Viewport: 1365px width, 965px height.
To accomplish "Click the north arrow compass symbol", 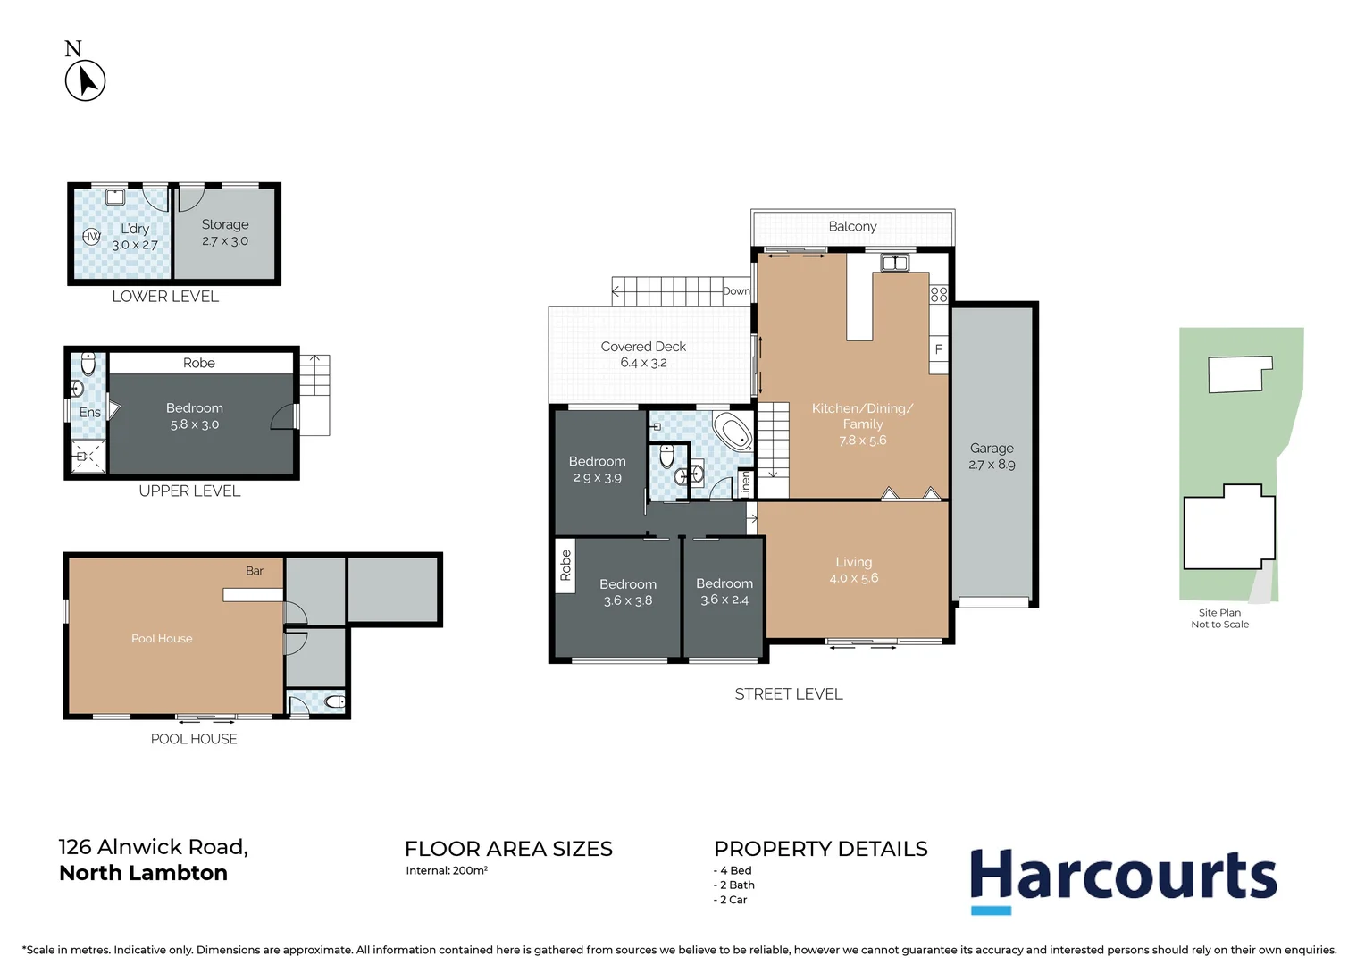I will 86,80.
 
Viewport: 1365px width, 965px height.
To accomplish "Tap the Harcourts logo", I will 1123,878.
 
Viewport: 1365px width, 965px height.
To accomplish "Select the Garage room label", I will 992,449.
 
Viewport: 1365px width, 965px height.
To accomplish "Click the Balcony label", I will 852,227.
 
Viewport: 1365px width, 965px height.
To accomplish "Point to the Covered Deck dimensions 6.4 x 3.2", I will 643,363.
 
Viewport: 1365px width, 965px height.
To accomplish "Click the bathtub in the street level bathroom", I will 733,432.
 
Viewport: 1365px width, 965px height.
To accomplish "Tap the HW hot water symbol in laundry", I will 91,237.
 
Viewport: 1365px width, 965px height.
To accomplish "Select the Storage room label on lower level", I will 225,225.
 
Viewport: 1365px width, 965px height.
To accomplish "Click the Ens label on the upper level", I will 90,412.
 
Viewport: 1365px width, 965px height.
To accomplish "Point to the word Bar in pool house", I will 255,571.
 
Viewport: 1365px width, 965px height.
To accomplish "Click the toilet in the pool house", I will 334,702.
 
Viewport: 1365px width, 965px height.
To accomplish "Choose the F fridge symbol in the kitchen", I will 938,349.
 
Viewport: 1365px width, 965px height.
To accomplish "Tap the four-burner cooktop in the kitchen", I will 938,294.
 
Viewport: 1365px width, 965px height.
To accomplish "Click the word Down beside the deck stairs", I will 736,291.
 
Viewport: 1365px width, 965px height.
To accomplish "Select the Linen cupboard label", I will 746,482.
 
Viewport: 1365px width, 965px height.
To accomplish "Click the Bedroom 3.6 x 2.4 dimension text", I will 724,600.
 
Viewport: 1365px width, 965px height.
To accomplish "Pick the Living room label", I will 853,562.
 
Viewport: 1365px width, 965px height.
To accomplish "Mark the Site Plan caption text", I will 1219,613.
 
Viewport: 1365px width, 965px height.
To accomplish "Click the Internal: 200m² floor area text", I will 447,870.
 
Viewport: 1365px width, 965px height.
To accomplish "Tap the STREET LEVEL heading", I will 789,694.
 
